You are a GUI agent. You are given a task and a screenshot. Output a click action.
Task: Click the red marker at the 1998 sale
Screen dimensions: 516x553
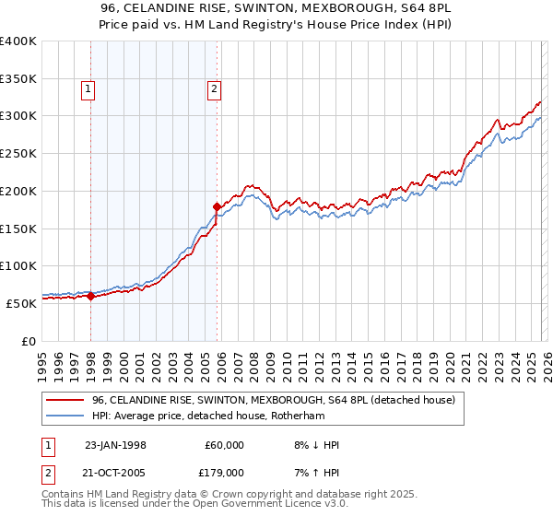click(x=91, y=296)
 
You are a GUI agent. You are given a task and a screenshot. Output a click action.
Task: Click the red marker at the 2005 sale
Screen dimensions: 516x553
click(x=218, y=206)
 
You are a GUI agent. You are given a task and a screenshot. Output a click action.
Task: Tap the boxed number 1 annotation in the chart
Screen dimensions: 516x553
click(x=88, y=89)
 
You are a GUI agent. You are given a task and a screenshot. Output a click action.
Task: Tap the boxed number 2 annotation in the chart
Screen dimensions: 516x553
click(x=214, y=89)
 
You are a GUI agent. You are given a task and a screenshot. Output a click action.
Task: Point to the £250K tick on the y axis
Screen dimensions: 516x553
click(x=18, y=153)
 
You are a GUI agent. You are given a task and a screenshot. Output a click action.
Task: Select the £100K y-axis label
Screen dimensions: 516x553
click(x=18, y=265)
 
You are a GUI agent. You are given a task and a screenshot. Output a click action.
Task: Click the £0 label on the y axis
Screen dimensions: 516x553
click(x=28, y=340)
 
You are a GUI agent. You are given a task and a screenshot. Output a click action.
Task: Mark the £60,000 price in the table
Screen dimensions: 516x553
click(x=223, y=445)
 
